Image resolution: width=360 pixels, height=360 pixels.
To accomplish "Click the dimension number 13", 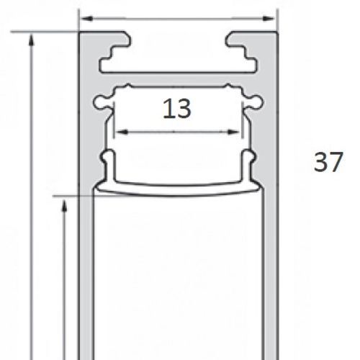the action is tap(177, 109).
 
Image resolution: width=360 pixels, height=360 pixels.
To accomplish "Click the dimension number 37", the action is tap(328, 162).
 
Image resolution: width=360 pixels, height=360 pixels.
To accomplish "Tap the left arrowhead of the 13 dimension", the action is tap(122, 132).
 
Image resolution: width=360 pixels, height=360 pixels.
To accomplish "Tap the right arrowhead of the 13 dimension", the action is tap(233, 132).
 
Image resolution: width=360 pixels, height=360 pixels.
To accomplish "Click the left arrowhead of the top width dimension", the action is tap(86, 19).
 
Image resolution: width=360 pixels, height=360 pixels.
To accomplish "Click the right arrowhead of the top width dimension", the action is tap(269, 19).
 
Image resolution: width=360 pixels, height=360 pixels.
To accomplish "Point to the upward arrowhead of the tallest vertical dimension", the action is tap(32, 40).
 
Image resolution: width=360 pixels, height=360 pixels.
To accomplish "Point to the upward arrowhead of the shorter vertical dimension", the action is tap(64, 206).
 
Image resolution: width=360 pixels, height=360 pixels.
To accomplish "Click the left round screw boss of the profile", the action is tap(99, 102).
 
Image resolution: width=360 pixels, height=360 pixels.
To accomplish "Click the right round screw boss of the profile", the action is tap(257, 102).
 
